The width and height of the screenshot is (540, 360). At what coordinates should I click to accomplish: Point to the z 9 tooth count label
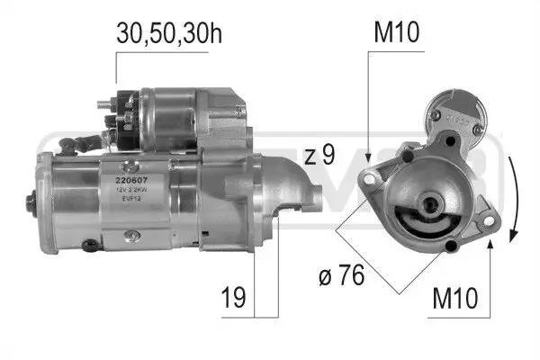click(x=319, y=156)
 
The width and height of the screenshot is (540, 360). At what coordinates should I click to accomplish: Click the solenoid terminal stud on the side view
click(x=112, y=101)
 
